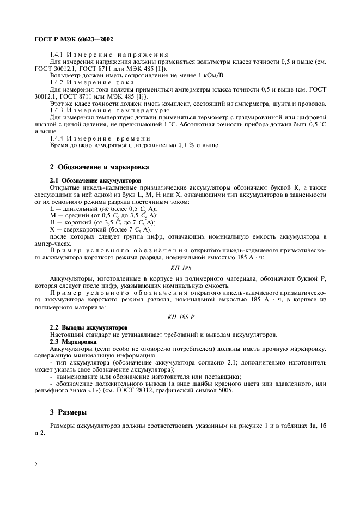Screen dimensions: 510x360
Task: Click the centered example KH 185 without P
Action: point(180,267)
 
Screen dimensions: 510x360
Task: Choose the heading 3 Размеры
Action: point(68,412)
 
